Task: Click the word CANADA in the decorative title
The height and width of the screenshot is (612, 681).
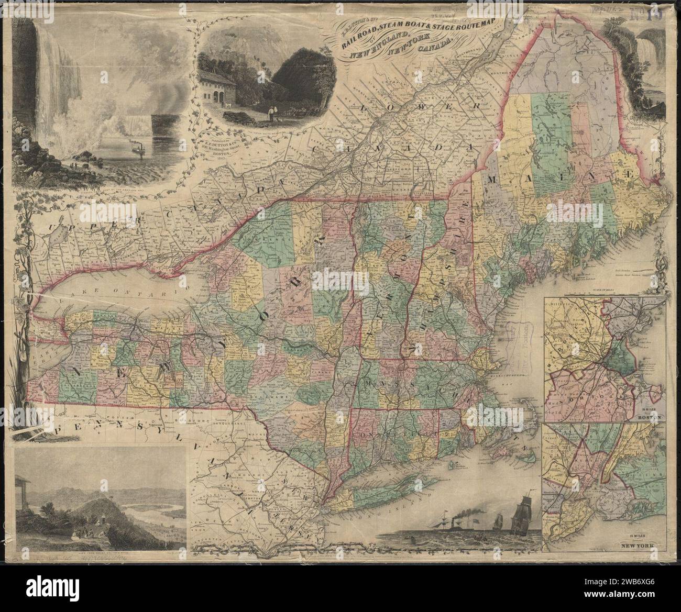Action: coord(435,49)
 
